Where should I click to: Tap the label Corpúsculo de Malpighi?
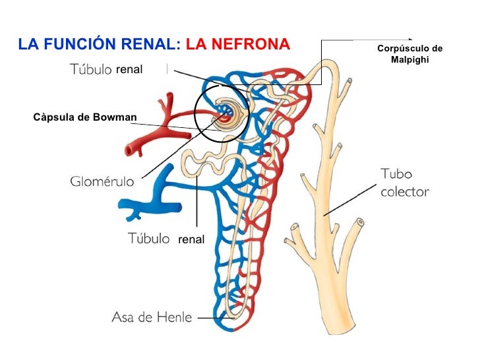point(409,55)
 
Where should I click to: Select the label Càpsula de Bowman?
point(85,118)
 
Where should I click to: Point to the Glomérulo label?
point(102,181)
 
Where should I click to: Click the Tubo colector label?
point(404,183)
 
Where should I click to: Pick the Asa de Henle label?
point(152,318)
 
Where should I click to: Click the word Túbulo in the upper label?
point(90,69)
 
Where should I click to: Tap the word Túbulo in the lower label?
point(148,239)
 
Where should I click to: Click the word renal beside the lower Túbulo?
point(191,240)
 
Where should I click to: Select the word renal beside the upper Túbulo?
point(129,69)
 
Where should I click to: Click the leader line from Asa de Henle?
point(211,318)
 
